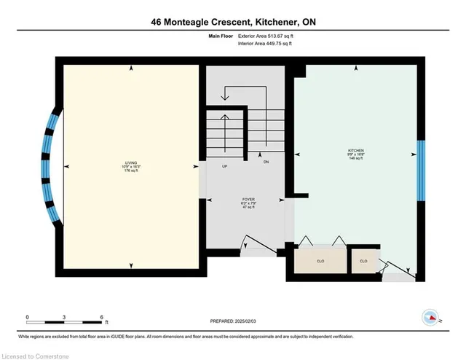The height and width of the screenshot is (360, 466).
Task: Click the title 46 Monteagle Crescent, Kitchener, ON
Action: pyautogui.click(x=232, y=22)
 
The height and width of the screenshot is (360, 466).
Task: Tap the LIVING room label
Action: pyautogui.click(x=131, y=164)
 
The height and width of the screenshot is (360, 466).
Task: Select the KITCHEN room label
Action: pyautogui.click(x=356, y=154)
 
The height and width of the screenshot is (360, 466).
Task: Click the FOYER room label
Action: pyautogui.click(x=248, y=200)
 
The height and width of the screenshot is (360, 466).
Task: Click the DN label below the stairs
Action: pyautogui.click(x=266, y=162)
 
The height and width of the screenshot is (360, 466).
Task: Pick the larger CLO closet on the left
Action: pyautogui.click(x=320, y=260)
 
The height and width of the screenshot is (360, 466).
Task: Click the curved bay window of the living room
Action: pyautogui.click(x=48, y=167)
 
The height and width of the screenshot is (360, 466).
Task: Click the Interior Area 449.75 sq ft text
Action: pyautogui.click(x=266, y=44)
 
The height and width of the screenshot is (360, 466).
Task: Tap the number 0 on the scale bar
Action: pyautogui.click(x=28, y=317)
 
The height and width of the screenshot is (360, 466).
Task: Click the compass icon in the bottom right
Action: pyautogui.click(x=431, y=318)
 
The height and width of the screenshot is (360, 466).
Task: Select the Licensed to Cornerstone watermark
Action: pyautogui.click(x=33, y=354)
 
